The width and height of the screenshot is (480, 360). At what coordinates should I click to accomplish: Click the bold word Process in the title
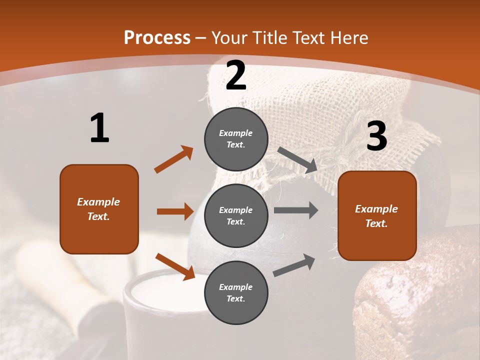(x=157, y=38)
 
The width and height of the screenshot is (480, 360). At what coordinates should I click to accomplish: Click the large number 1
(x=99, y=128)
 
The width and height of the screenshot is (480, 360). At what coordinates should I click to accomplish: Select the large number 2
(x=236, y=75)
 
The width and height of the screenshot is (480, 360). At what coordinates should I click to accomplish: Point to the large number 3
(x=376, y=136)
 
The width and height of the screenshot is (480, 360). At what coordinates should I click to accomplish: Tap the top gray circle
(x=236, y=139)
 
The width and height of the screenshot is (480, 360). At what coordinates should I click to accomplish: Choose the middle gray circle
(x=236, y=215)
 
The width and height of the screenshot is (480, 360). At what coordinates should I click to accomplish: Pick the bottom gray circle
(x=236, y=292)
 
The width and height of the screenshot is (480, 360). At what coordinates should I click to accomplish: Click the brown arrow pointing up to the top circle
(x=173, y=159)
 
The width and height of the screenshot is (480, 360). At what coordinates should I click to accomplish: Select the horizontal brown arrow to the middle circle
(x=175, y=211)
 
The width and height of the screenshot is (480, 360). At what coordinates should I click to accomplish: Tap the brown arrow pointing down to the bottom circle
(x=175, y=265)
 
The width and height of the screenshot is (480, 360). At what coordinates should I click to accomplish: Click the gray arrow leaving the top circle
(x=297, y=159)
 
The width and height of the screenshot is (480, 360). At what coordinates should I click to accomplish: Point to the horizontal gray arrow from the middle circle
(x=296, y=210)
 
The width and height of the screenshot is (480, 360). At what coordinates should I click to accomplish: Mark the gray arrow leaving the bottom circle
(x=294, y=265)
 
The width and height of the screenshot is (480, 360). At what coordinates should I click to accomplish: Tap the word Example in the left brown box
(x=98, y=202)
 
